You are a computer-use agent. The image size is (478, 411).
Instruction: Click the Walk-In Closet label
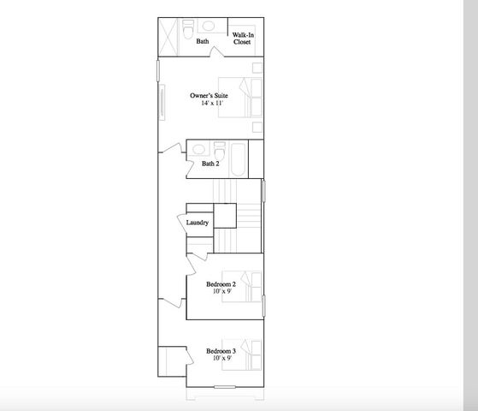coord(243,38)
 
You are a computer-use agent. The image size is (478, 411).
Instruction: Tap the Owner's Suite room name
coord(208,95)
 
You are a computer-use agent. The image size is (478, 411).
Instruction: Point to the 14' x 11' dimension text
coord(212,103)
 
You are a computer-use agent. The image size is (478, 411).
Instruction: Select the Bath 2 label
coord(211,164)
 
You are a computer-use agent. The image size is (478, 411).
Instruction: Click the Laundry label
coord(198,223)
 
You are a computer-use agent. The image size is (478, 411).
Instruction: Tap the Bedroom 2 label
coord(221,284)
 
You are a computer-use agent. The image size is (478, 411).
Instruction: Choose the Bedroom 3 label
coord(221,351)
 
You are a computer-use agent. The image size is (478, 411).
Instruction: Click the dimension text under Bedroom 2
coord(221,292)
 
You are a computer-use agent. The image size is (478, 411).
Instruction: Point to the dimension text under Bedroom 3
coord(221,359)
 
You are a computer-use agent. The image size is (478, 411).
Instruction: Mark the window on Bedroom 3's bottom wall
coord(225,387)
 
